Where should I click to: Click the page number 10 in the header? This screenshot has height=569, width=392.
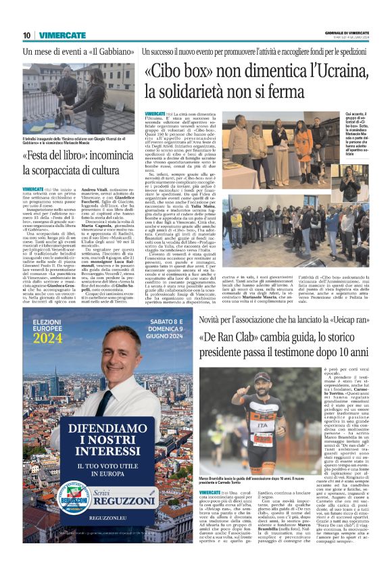[26, 35]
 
